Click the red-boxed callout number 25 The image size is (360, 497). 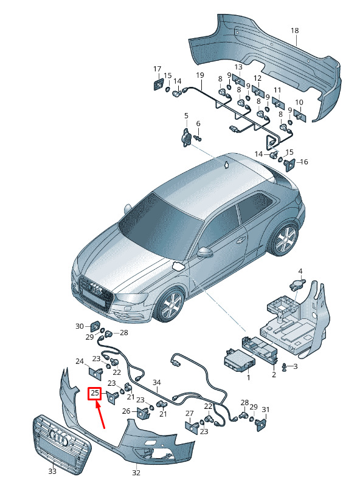pyautogui.click(x=94, y=394)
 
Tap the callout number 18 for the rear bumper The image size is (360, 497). pyautogui.click(x=295, y=30)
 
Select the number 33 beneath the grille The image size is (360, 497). pyautogui.click(x=52, y=471)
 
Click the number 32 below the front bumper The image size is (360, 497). pyautogui.click(x=136, y=473)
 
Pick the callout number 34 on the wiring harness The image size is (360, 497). pyautogui.click(x=157, y=382)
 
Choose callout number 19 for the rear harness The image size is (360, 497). pyautogui.click(x=200, y=75)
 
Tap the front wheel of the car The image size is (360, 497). pyautogui.click(x=170, y=304)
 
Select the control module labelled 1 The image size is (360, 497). pyautogui.click(x=238, y=360)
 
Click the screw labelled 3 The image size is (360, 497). pyautogui.click(x=285, y=367)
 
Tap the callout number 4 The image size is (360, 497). pyautogui.click(x=300, y=272)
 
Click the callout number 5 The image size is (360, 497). pyautogui.click(x=186, y=115)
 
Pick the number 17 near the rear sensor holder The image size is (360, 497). pyautogui.click(x=157, y=69)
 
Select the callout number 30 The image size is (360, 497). pyautogui.click(x=79, y=326)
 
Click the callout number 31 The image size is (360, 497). pyautogui.click(x=266, y=410)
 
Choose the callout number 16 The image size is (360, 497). pyautogui.click(x=304, y=162)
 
